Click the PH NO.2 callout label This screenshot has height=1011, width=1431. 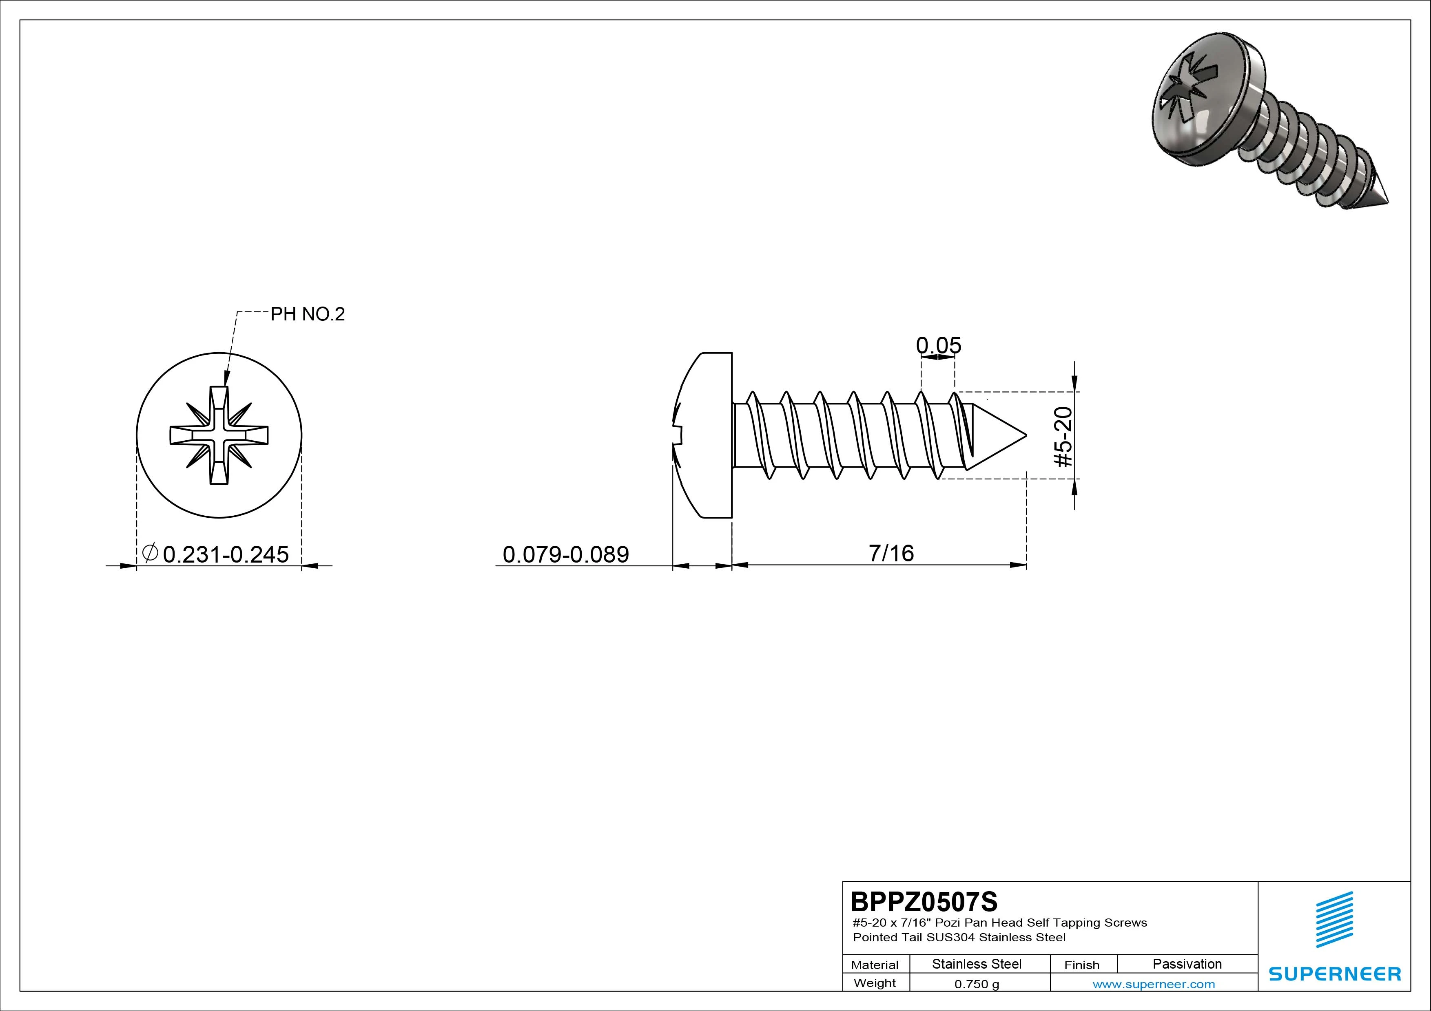307,314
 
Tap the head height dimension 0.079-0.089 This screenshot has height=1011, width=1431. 565,554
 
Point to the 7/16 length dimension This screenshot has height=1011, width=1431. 891,552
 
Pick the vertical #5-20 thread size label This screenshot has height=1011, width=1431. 1063,436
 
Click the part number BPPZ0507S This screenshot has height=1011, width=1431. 924,901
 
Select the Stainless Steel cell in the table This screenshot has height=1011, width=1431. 977,964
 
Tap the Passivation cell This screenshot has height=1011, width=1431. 1187,964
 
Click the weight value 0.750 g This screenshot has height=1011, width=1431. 977,984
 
